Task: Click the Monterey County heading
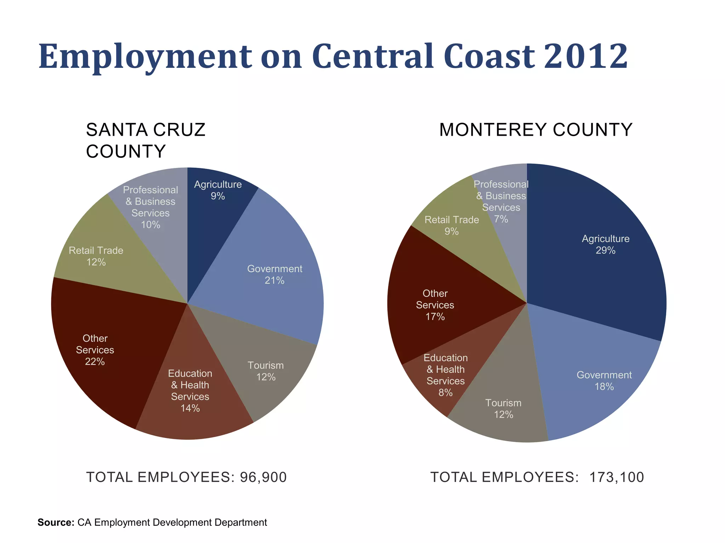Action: pos(536,130)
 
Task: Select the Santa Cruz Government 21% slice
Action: pos(274,274)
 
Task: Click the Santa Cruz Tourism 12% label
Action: pos(266,371)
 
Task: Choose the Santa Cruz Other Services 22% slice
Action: pos(95,350)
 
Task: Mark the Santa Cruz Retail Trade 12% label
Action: pos(96,256)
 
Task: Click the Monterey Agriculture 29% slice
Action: pos(605,244)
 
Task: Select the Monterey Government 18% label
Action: pos(604,381)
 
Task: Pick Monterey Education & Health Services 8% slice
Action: pos(445,375)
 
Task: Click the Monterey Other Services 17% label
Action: pos(435,305)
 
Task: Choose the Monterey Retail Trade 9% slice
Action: pos(451,225)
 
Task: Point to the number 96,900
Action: pos(263,477)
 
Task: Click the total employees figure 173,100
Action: pos(616,477)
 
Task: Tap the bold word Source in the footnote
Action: pos(56,522)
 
